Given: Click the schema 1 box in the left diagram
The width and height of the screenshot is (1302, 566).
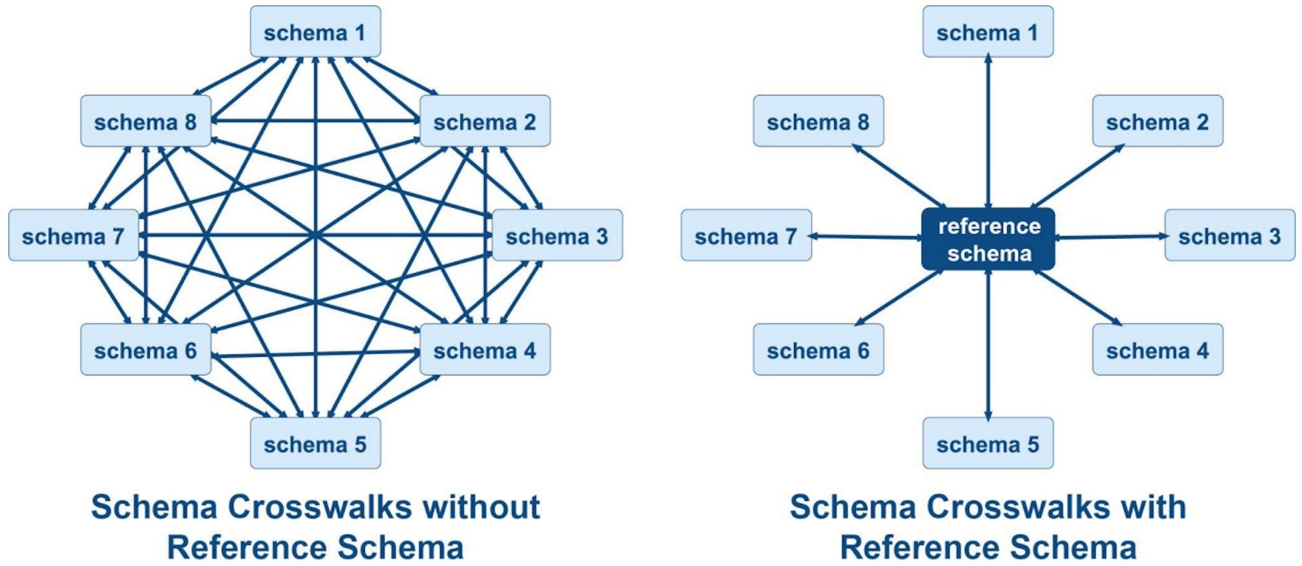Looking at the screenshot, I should [315, 32].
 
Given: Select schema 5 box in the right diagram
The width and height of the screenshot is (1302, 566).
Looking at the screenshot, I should [987, 444].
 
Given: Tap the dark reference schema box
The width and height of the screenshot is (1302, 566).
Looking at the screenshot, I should [988, 239].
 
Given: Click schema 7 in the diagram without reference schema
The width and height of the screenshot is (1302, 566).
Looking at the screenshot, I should [73, 236].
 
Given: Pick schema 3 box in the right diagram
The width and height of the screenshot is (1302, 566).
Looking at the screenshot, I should [1229, 236].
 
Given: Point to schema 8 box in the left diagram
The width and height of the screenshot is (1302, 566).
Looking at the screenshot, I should [145, 121].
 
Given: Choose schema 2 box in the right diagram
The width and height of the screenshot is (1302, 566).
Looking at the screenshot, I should [1157, 121].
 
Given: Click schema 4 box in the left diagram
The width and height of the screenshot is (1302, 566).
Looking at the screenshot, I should [484, 350].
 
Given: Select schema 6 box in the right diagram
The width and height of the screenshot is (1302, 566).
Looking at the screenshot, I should [818, 350].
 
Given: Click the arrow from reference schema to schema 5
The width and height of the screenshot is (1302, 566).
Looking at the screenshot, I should [988, 346].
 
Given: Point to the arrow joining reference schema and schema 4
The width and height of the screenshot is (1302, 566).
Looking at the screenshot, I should [1078, 298].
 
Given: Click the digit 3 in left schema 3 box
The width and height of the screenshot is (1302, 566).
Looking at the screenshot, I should [601, 236].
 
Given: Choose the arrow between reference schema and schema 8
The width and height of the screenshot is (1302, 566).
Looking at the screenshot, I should [899, 176].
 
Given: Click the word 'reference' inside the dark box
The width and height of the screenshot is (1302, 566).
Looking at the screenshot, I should [989, 226].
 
